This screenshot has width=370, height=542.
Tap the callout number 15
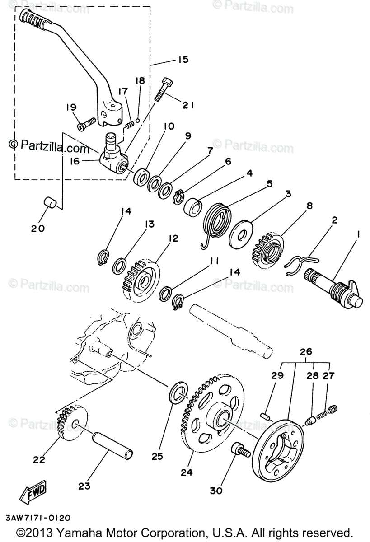[x=183, y=59]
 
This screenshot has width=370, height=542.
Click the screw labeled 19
[x=87, y=122]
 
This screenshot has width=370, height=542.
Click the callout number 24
[x=187, y=472]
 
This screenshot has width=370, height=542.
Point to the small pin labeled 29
[x=267, y=415]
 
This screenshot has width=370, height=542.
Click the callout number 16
[x=75, y=161]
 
